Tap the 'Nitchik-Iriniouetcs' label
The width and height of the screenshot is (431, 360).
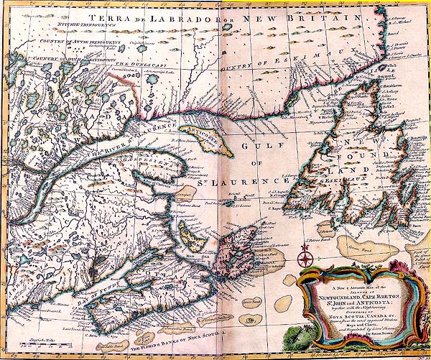click(74, 27)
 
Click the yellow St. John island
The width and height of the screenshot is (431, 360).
click(191, 234)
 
